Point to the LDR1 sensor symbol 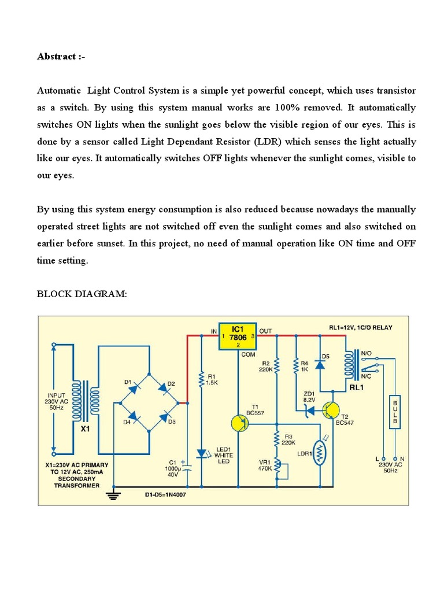click(318, 452)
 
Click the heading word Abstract click(56, 57)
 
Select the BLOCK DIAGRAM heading click(82, 295)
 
